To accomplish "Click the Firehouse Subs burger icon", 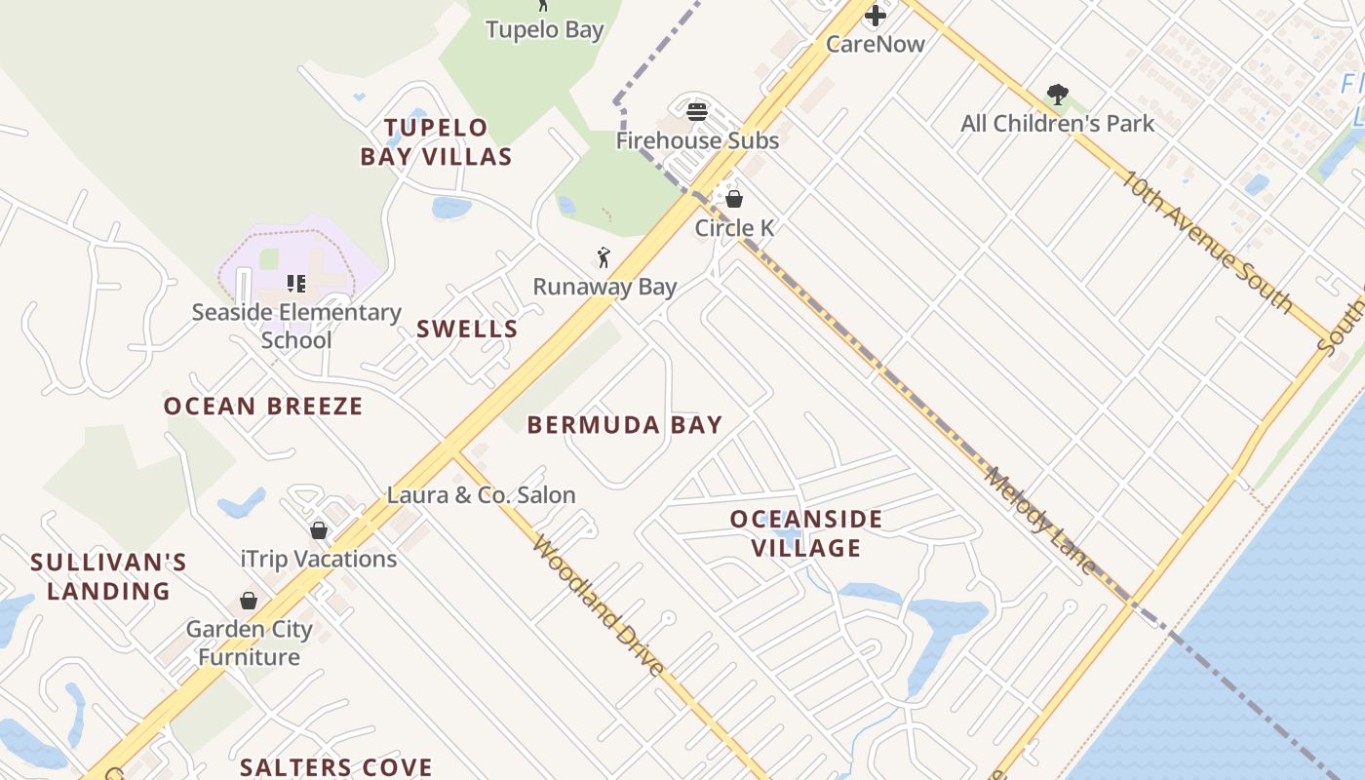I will [x=696, y=111].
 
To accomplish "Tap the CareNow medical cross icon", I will [x=876, y=16].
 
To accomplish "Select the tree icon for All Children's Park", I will [x=1057, y=95].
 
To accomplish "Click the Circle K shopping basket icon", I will [x=734, y=199].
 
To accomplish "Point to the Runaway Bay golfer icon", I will [x=604, y=258].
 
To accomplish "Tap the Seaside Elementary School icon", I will [x=296, y=284].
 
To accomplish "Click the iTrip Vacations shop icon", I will [x=319, y=530].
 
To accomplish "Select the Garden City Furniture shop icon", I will [x=249, y=601].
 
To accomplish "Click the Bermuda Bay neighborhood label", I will [x=625, y=424].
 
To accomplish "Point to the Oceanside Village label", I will [x=806, y=533].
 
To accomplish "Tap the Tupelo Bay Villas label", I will [x=436, y=141].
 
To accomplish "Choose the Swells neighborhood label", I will [x=467, y=329].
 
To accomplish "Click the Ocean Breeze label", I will [x=263, y=406].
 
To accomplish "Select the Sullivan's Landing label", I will [x=108, y=576].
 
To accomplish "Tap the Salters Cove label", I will [x=336, y=766].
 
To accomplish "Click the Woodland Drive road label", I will [x=599, y=605].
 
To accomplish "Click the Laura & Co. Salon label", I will [x=482, y=494].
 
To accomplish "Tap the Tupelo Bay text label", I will [x=545, y=29].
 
